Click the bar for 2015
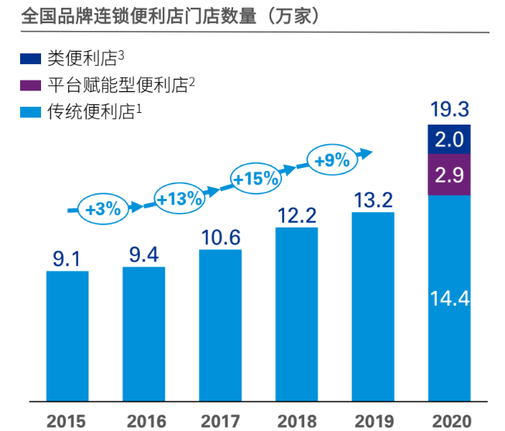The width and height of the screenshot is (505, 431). pyautogui.click(x=67, y=337)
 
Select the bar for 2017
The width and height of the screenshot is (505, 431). pyautogui.click(x=220, y=326)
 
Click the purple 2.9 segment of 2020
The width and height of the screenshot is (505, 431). pyautogui.click(x=449, y=175)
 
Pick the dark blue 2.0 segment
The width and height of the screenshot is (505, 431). pyautogui.click(x=449, y=139)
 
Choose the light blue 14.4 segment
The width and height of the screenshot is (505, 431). pyautogui.click(x=449, y=299)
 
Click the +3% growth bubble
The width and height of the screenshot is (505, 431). pyautogui.click(x=103, y=209)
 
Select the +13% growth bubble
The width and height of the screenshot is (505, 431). pyautogui.click(x=179, y=198)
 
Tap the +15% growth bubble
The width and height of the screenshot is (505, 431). pyautogui.click(x=256, y=179)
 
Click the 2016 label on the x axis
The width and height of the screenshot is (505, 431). pyautogui.click(x=144, y=422)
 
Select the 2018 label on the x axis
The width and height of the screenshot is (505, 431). pyautogui.click(x=297, y=422)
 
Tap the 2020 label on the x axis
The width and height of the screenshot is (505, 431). pyautogui.click(x=449, y=422)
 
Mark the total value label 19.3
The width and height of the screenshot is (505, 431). pyautogui.click(x=449, y=108)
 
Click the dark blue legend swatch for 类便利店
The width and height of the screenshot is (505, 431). pyautogui.click(x=30, y=58)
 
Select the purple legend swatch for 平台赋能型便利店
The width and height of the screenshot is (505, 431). pyautogui.click(x=30, y=85)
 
